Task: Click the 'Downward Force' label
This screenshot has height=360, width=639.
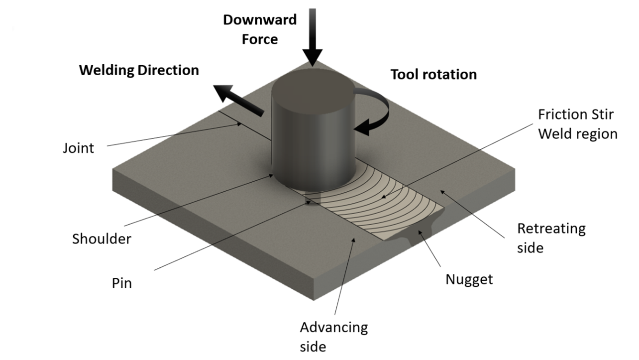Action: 259,29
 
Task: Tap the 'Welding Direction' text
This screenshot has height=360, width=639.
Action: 139,70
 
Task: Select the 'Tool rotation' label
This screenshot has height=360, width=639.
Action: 433,75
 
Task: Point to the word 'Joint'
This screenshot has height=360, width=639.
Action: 78,148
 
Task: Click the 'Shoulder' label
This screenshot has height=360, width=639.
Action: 102,239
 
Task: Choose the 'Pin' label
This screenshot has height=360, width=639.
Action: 121,283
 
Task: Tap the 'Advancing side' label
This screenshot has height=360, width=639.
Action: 333,336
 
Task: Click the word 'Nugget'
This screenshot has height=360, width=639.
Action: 469,279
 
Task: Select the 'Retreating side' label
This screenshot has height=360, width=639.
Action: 551,238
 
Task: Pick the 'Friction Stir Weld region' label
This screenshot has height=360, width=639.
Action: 577,124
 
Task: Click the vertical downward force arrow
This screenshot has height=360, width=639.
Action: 313,37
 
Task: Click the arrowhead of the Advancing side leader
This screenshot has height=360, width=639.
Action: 354,239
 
